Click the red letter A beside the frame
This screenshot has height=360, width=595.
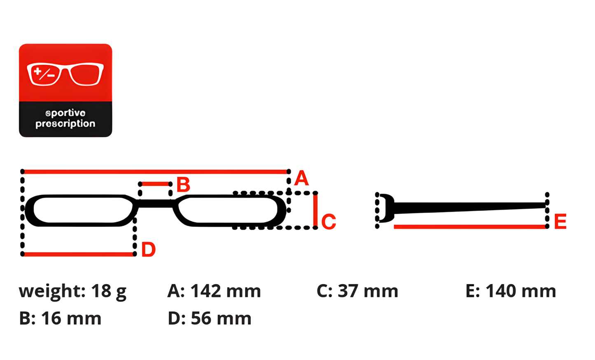tap(301, 178)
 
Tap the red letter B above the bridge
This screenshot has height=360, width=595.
tap(183, 185)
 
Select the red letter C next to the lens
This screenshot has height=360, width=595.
tap(329, 221)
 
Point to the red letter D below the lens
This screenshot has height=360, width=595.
tap(149, 249)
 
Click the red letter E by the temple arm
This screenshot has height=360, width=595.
tap(560, 221)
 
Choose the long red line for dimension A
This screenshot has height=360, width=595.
tap(156, 172)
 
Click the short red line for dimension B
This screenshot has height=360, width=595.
tap(155, 184)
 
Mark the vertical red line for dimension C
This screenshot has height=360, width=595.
tap(315, 210)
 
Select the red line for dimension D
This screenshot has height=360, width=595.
tap(79, 254)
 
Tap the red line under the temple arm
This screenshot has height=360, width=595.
tap(470, 227)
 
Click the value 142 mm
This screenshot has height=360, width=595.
tap(226, 291)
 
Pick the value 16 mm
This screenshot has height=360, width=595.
tap(71, 318)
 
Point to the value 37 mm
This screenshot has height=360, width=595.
tap(368, 291)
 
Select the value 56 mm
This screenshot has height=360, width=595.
tap(221, 318)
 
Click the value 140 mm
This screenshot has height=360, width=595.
tap(521, 291)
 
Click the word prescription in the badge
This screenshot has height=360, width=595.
tap(65, 124)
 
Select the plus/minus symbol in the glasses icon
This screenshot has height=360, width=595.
tap(44, 74)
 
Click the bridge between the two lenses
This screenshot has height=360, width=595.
tap(155, 204)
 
